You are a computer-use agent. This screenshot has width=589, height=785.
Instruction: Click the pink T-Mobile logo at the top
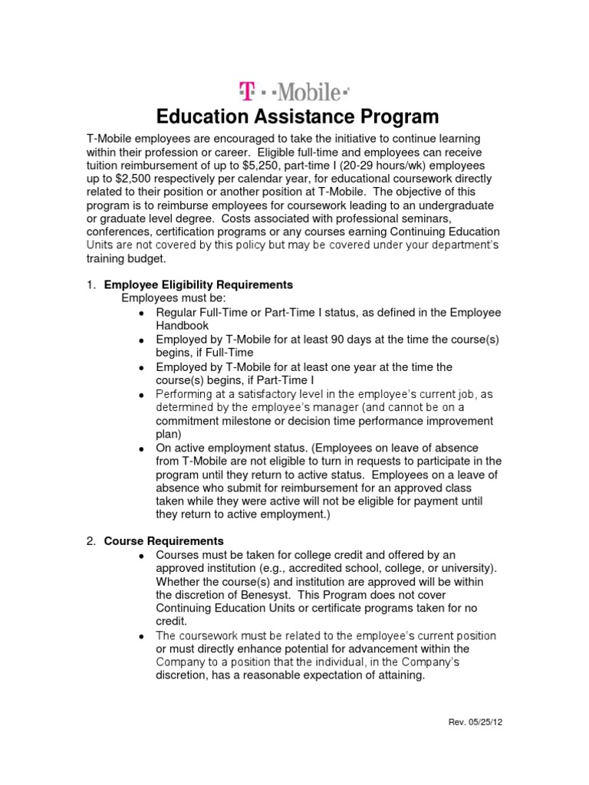tap(294, 93)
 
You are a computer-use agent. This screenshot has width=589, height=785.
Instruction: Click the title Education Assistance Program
tap(298, 117)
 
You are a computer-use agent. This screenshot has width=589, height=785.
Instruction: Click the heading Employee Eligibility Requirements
tap(199, 284)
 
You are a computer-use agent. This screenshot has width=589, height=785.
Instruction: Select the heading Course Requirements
tap(163, 540)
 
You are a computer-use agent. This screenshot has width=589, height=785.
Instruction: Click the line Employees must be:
tap(174, 298)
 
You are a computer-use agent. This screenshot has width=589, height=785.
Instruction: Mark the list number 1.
tap(89, 284)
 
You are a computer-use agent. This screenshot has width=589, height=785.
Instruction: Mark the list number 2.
tap(89, 540)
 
